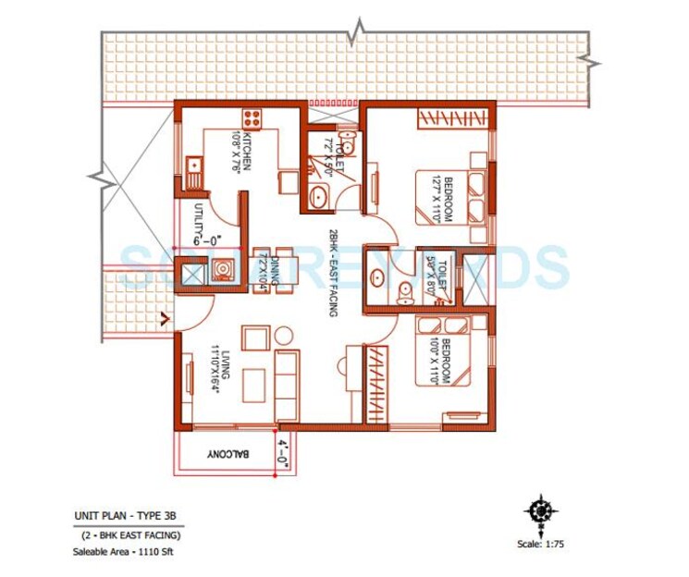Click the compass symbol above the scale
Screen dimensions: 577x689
[x=537, y=509]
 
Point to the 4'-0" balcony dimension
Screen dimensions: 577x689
[x=282, y=455]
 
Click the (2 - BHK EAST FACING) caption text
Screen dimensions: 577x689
[x=128, y=535]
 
